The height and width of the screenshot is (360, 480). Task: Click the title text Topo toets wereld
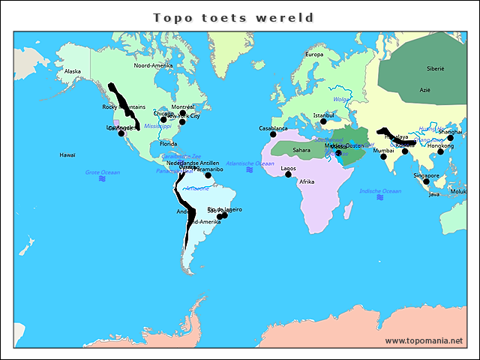(x=232, y=17)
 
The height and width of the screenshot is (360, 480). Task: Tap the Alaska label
(x=73, y=72)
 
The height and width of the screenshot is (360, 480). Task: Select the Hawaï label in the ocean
(x=67, y=155)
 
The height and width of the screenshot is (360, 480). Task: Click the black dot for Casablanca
(x=273, y=134)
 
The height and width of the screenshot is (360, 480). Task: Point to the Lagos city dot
(x=288, y=174)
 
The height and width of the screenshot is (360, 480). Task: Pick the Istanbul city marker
(x=323, y=121)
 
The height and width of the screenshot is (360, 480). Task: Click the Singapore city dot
(x=426, y=181)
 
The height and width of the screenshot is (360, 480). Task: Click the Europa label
(x=313, y=55)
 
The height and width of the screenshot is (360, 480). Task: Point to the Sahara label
(x=301, y=150)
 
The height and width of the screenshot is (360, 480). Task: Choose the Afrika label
(x=307, y=182)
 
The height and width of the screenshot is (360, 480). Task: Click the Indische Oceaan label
(x=380, y=191)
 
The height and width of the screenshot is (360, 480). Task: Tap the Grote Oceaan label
(x=102, y=172)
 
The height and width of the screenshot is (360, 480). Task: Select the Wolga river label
(x=341, y=99)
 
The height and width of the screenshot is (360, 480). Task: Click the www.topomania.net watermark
(x=424, y=341)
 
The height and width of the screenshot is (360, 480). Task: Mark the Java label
(x=433, y=194)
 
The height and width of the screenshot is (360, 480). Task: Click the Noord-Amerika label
(x=153, y=66)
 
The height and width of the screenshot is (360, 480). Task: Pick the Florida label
(x=168, y=144)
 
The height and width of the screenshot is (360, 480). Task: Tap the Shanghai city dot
(x=450, y=138)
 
